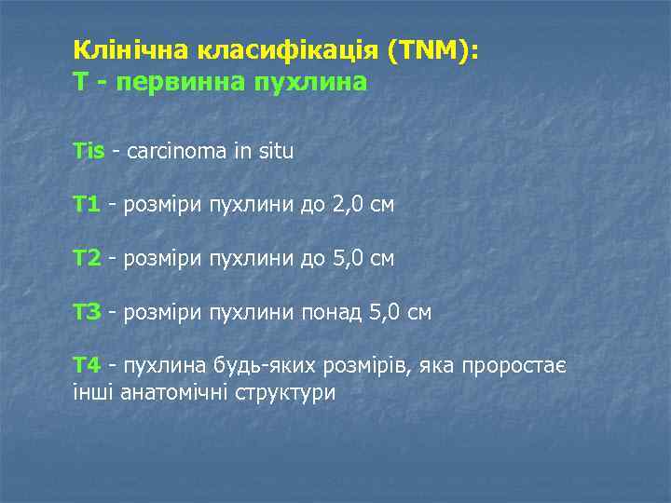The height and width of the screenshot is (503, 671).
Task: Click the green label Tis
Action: click(x=89, y=151)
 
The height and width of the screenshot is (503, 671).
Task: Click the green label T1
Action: click(x=87, y=204)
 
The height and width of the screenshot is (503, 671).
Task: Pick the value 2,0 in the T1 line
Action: click(x=347, y=204)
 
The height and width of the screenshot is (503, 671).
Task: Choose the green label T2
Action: click(x=87, y=258)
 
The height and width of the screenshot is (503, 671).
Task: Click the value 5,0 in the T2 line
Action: click(x=347, y=258)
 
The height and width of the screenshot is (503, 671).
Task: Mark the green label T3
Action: click(x=87, y=312)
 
